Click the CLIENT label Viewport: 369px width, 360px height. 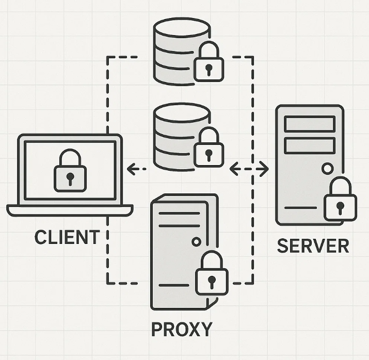(67, 237)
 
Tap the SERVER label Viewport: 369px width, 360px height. (313, 246)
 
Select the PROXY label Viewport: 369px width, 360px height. (182, 329)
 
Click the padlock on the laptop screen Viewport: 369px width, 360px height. (70, 170)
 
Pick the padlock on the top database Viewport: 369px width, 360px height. (208, 61)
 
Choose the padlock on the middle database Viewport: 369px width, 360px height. (208, 147)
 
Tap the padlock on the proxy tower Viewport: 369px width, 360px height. (212, 273)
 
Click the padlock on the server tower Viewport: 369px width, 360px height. (340, 199)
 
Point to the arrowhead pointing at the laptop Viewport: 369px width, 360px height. (131, 169)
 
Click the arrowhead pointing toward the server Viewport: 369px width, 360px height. (265, 169)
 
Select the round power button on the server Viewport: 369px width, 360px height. (327, 168)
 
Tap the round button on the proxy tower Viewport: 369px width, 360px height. (196, 241)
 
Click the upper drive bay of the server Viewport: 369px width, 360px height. (310, 124)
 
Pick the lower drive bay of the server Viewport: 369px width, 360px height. (310, 146)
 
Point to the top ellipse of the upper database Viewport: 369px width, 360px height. (182, 27)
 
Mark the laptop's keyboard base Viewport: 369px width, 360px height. (70, 210)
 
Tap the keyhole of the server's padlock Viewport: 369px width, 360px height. (340, 208)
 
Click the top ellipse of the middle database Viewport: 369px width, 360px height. (182, 113)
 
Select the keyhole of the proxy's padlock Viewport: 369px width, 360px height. (212, 282)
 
